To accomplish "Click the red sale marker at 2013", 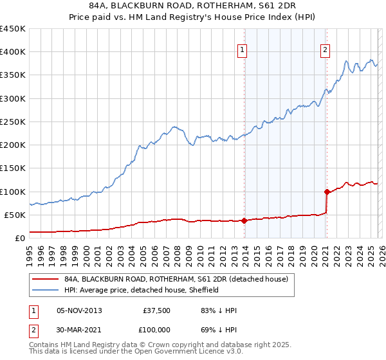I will [x=244, y=221].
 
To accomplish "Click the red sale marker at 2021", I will [x=327, y=192].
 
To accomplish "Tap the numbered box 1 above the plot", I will [x=243, y=50].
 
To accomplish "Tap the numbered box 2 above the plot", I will [x=326, y=50].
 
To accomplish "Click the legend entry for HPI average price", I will [x=142, y=290].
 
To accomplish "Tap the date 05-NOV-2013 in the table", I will [x=79, y=310].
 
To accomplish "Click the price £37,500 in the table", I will [x=157, y=310].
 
